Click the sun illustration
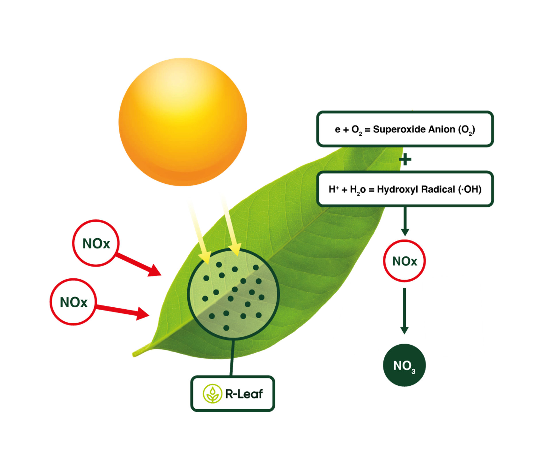183,122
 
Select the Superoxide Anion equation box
405,129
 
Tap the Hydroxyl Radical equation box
405,189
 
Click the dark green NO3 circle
404,365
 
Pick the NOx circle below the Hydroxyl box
405,261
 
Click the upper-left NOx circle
96,243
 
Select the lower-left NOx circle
74,302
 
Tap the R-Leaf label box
233,394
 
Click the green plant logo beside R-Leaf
212,394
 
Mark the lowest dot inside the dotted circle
226,328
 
